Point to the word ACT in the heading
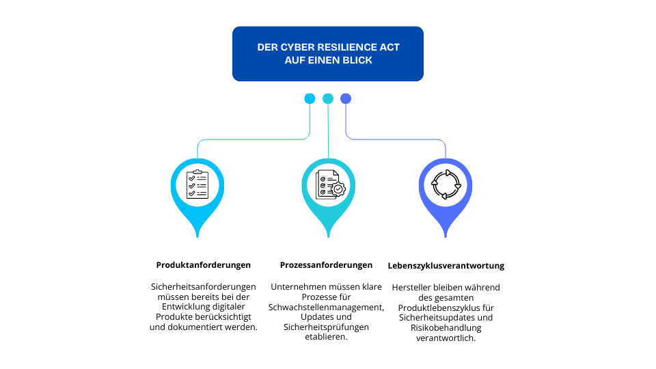coord(389,47)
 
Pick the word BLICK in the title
coord(359,60)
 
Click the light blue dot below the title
coord(310,98)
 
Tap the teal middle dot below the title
coord(328,98)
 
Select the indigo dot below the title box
coord(346,98)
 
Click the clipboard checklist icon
coord(197,184)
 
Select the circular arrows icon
coord(446,184)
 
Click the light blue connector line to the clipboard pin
coord(253,139)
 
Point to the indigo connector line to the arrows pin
coord(396,139)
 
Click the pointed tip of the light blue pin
coord(197,236)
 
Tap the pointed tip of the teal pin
coord(329,236)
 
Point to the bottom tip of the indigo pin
coord(446,236)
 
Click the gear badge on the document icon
coord(338,189)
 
